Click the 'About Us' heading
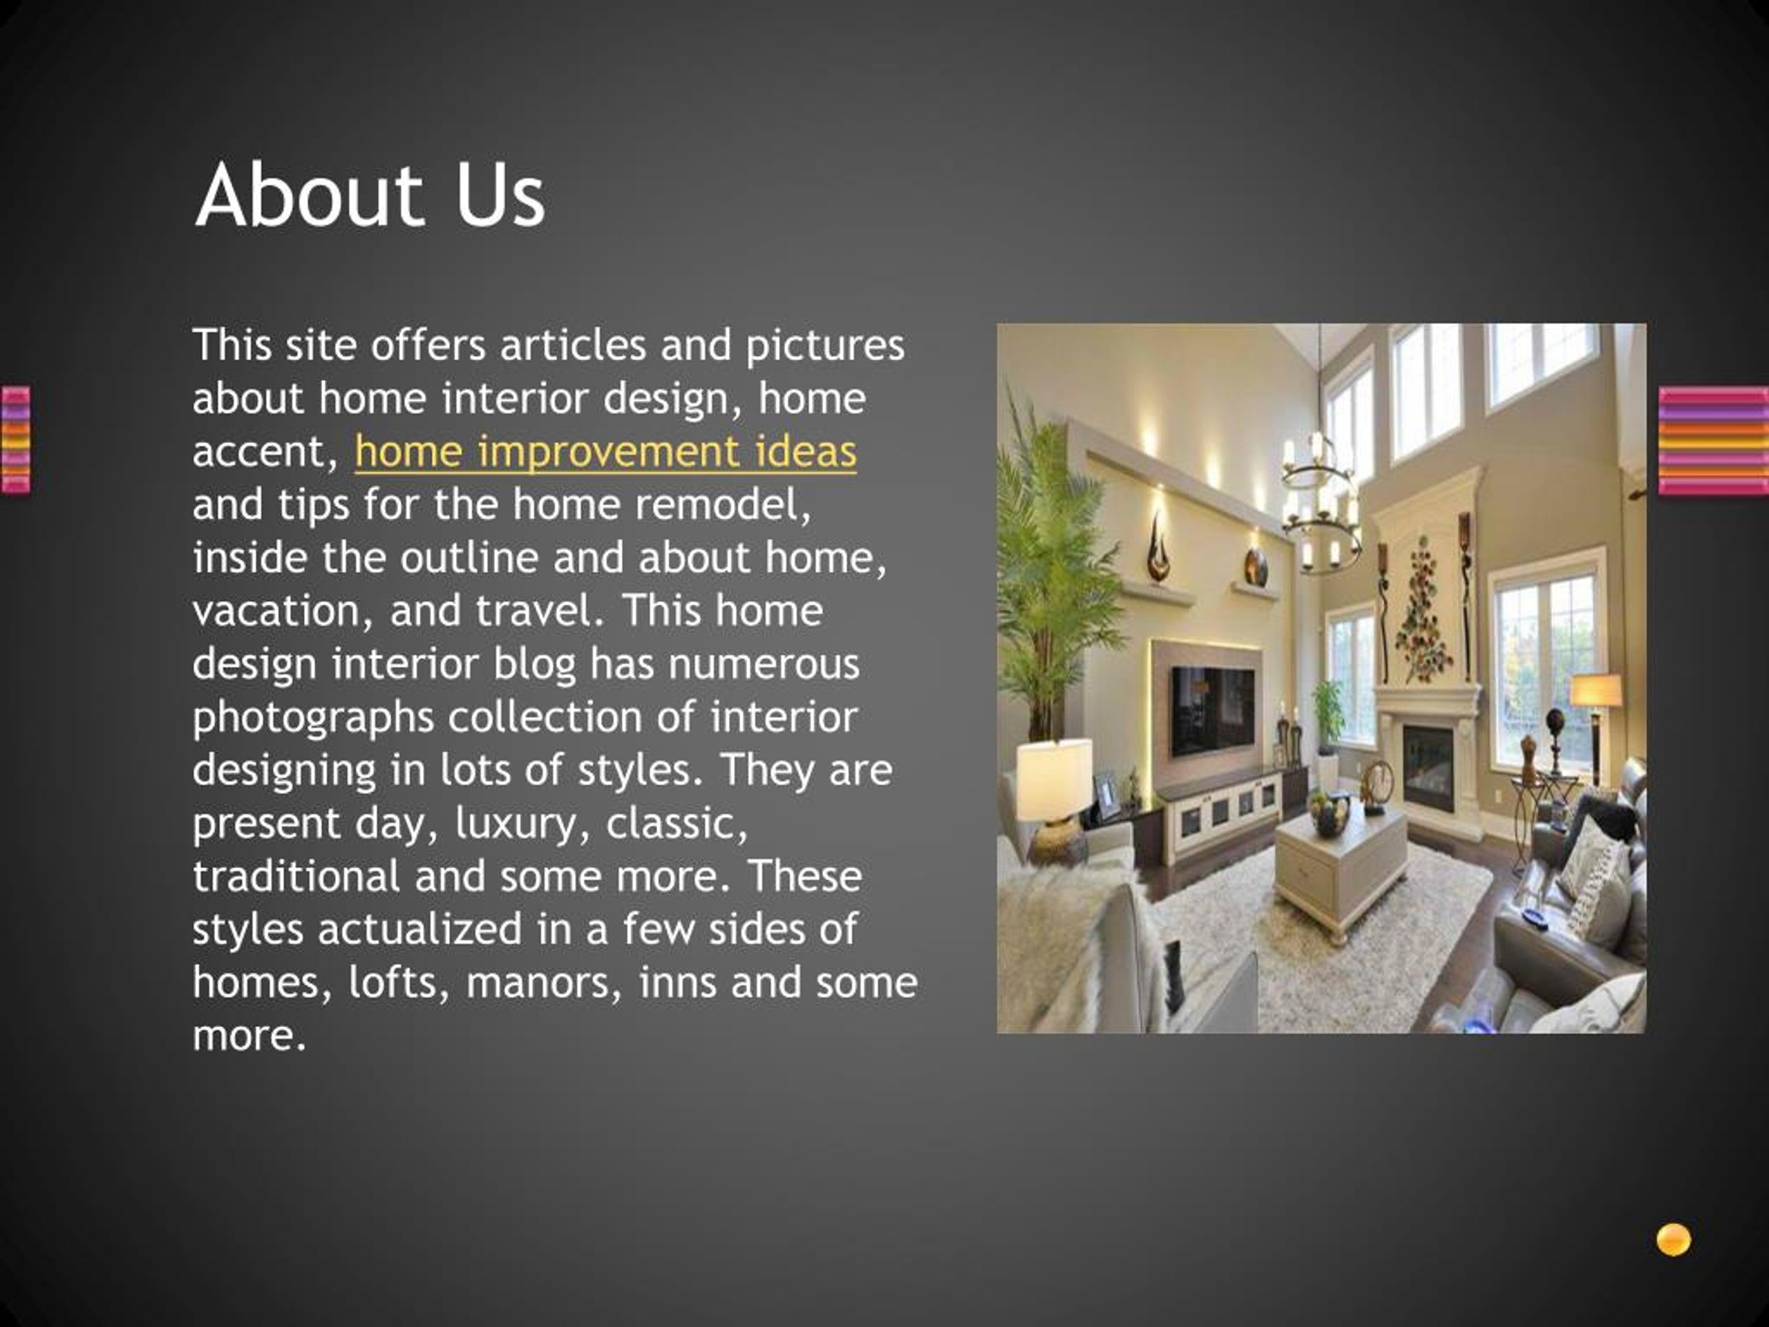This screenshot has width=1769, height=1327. (370, 194)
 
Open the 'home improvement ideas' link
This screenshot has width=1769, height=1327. (605, 452)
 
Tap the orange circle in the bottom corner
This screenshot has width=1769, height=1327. (1673, 1241)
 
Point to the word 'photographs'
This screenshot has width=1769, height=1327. (313, 717)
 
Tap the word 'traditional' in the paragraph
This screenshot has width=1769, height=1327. (296, 876)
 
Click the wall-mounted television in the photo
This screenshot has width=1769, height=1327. (1213, 706)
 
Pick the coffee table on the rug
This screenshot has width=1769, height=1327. (1341, 864)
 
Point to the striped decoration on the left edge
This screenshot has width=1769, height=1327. (15, 439)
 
